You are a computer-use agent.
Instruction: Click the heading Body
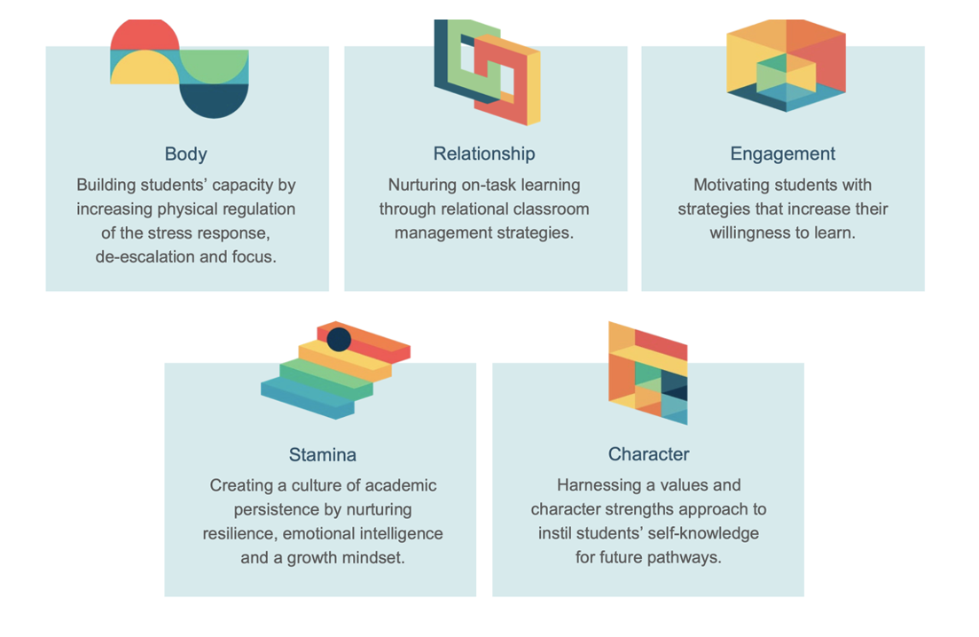(185, 153)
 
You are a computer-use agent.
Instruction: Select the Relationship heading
(484, 153)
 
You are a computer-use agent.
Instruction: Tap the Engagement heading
(782, 153)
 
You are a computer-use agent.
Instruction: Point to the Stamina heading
(322, 455)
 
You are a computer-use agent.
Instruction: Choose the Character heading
(648, 454)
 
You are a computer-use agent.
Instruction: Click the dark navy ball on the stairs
(339, 339)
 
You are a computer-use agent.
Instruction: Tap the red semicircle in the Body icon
(145, 35)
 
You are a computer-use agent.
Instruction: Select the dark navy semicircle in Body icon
(214, 100)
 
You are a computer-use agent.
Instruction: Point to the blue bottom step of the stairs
(306, 398)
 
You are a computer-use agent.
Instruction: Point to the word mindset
(374, 558)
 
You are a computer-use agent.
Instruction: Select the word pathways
(689, 558)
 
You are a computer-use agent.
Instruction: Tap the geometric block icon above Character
(647, 374)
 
